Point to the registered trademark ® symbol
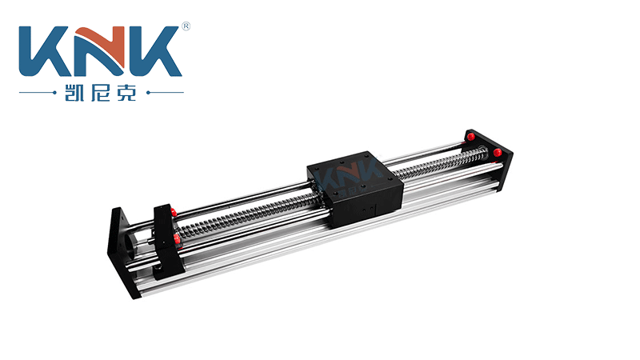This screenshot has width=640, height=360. tap(186, 26)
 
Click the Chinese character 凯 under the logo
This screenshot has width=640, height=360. tap(74, 93)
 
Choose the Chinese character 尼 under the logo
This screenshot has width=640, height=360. tap(101, 93)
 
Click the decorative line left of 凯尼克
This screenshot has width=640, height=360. tap(38, 93)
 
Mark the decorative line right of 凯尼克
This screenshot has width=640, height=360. tap(165, 93)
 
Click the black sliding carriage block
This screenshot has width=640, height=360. tap(355, 188)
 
